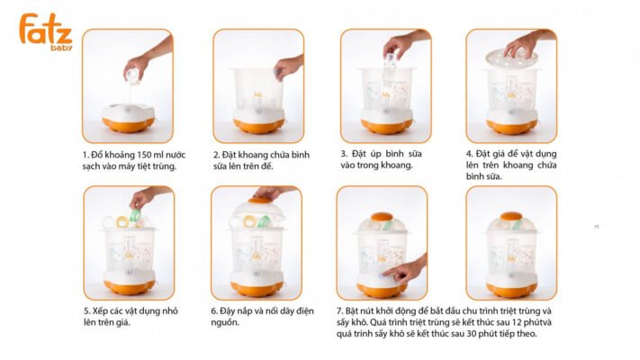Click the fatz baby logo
tap(46, 31)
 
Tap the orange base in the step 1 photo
tap(128, 124)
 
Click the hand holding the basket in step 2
tap(289, 66)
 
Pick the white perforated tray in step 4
tap(512, 57)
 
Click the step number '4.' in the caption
tap(470, 154)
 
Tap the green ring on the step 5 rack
tap(136, 215)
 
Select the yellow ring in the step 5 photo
tap(122, 221)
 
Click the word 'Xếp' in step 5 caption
tap(99, 311)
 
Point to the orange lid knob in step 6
tap(259, 200)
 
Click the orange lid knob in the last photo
tap(511, 216)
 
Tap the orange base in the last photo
tap(511, 290)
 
